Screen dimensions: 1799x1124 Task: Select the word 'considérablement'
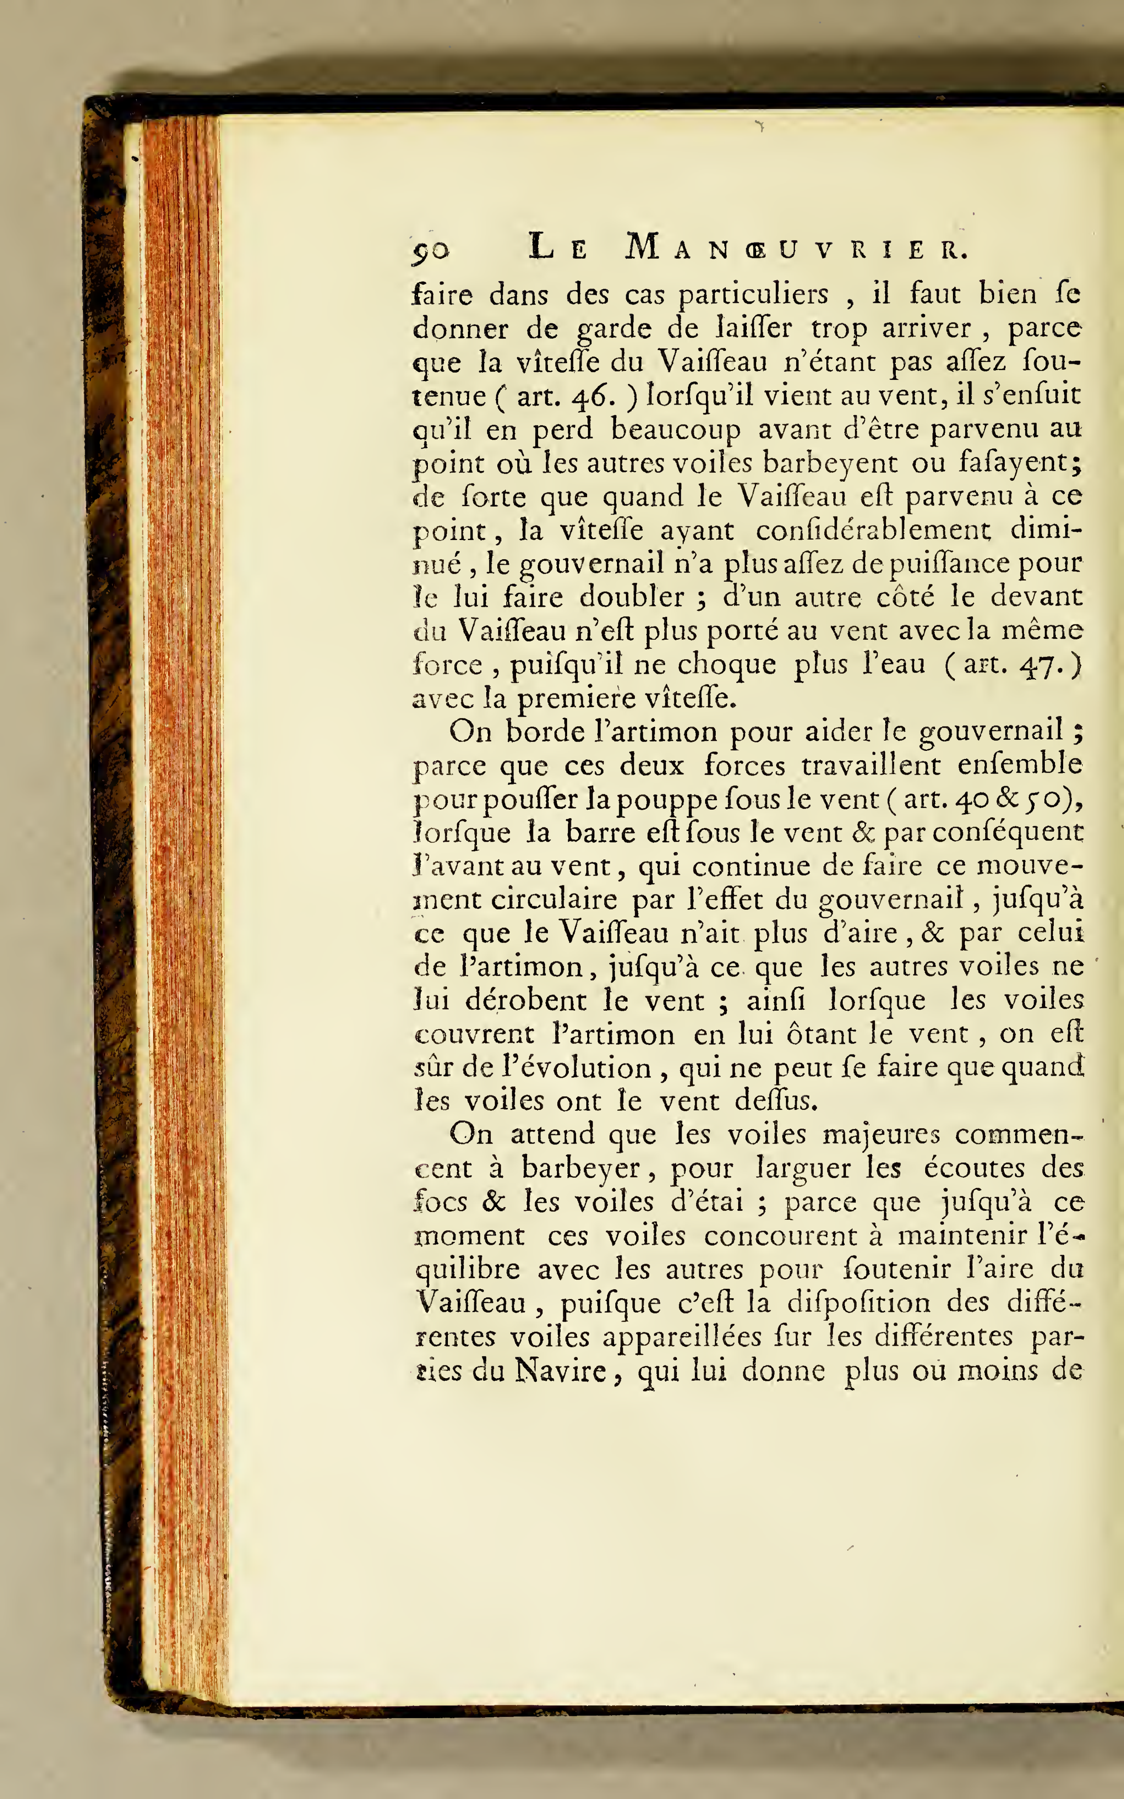click(874, 531)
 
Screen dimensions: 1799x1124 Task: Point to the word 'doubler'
click(632, 597)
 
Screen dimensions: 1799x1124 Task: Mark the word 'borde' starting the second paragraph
click(546, 732)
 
